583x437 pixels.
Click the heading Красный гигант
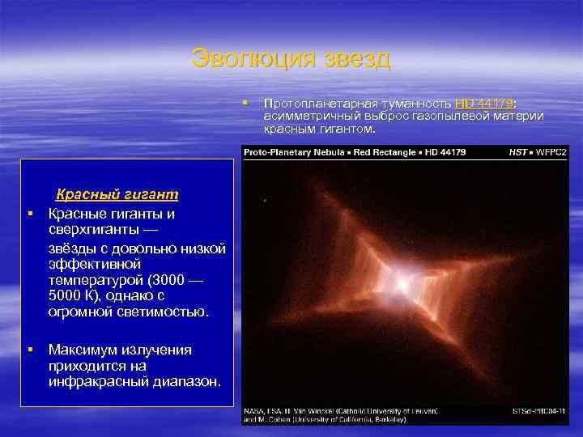[117, 194]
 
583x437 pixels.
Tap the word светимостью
[167, 312]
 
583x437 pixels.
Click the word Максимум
[83, 350]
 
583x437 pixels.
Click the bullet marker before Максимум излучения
[28, 350]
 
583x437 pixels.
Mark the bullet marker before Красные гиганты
[28, 214]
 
